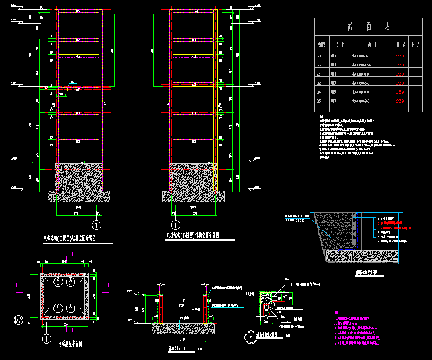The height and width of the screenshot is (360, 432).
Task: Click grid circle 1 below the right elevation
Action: [x=177, y=226]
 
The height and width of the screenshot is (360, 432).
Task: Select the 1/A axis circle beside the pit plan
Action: [x=18, y=321]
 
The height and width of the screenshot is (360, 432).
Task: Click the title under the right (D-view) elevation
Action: [x=193, y=235]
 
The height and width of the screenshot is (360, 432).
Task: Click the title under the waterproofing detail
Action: [x=367, y=273]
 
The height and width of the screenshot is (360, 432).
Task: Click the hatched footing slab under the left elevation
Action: [x=78, y=196]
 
